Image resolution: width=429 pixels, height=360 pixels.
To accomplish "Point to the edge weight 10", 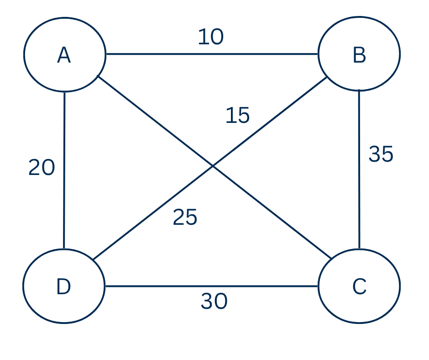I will [x=210, y=37].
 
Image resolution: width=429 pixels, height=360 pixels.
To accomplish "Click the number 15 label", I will [x=237, y=116].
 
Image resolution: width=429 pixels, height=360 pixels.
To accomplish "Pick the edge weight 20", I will [x=42, y=168].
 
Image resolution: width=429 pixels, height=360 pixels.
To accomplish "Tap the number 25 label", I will [x=185, y=217].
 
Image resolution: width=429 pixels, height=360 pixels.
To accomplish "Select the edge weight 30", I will [x=214, y=302].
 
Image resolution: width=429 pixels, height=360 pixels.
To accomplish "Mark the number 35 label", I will [x=381, y=154].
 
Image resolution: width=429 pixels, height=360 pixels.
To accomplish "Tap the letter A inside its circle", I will [x=64, y=56].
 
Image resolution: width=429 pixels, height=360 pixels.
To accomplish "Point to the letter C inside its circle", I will [x=359, y=287].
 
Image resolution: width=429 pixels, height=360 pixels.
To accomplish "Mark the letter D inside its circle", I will [x=63, y=287].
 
